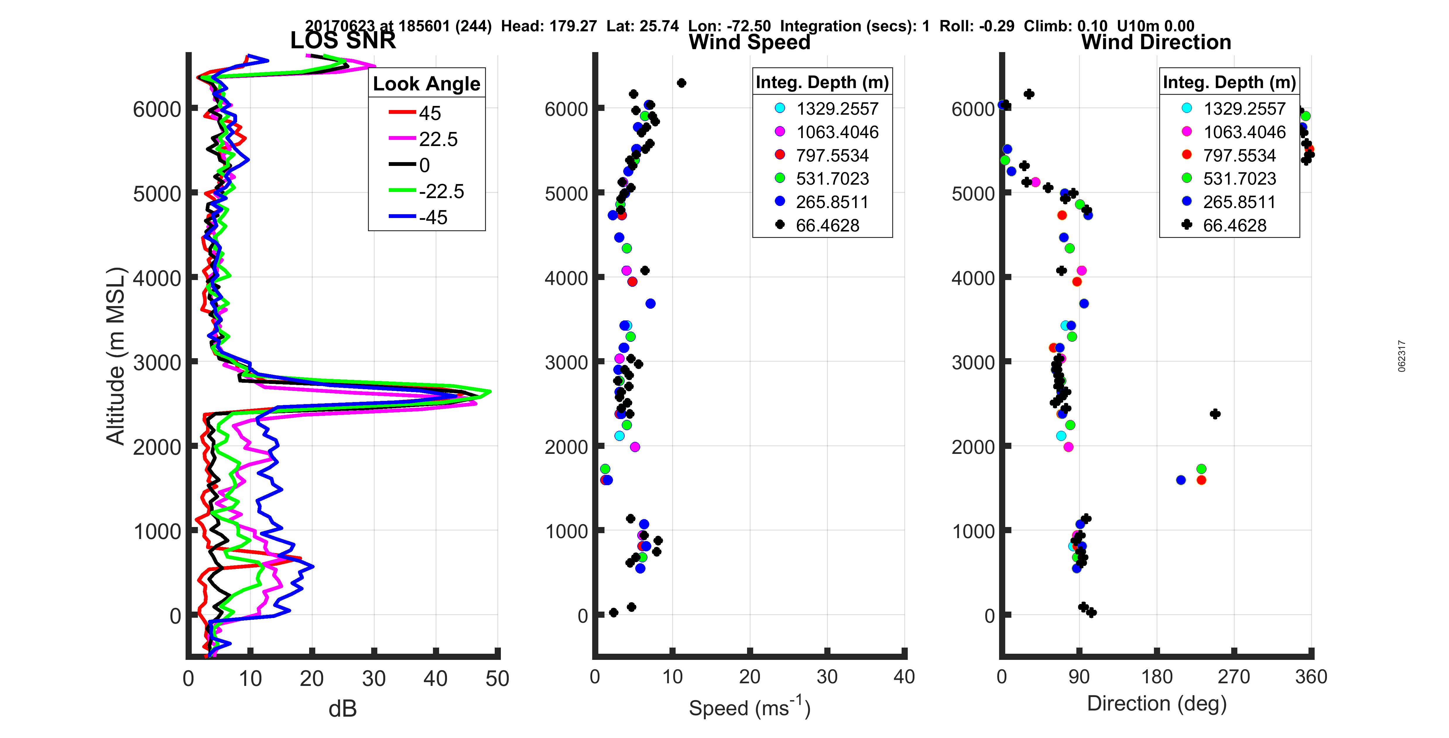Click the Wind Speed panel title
pos(749,42)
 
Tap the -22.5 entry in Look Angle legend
pos(441,191)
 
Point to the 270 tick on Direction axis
pos(1234,677)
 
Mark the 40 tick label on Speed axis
pos(904,677)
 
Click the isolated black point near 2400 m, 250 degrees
pos(1215,414)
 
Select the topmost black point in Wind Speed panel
pos(681,83)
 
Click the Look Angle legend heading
pos(427,84)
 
